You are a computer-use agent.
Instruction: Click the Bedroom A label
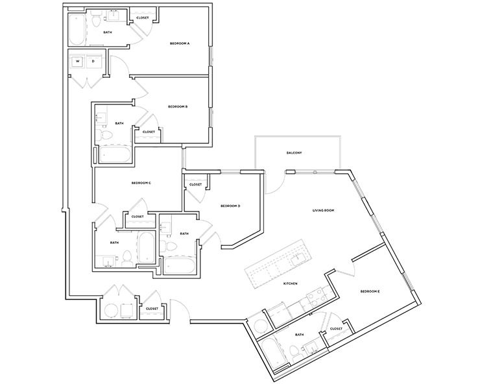[180, 43]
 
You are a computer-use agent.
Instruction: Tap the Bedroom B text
[178, 106]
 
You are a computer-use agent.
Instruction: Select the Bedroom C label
[141, 183]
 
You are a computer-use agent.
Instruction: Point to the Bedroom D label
[230, 206]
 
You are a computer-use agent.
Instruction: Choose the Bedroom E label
[370, 292]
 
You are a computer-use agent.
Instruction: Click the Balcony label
[295, 153]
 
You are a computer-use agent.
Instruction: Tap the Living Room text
[324, 210]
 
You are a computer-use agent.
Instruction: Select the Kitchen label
[289, 284]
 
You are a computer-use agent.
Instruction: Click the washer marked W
[78, 62]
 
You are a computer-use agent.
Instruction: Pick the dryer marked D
[93, 62]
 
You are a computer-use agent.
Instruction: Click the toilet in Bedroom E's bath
[293, 352]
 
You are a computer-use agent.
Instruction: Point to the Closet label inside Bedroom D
[195, 185]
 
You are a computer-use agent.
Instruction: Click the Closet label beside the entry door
[152, 309]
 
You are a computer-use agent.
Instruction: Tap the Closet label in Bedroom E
[336, 329]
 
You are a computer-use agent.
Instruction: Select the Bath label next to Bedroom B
[119, 123]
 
